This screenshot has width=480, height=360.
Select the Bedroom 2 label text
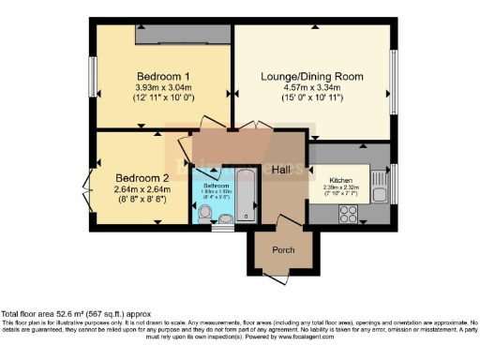pyautogui.click(x=142, y=177)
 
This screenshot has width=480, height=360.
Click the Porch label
pyautogui.click(x=282, y=249)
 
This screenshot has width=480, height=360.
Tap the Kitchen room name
pyautogui.click(x=339, y=178)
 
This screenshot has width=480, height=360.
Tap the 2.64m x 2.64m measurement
pyautogui.click(x=142, y=188)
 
